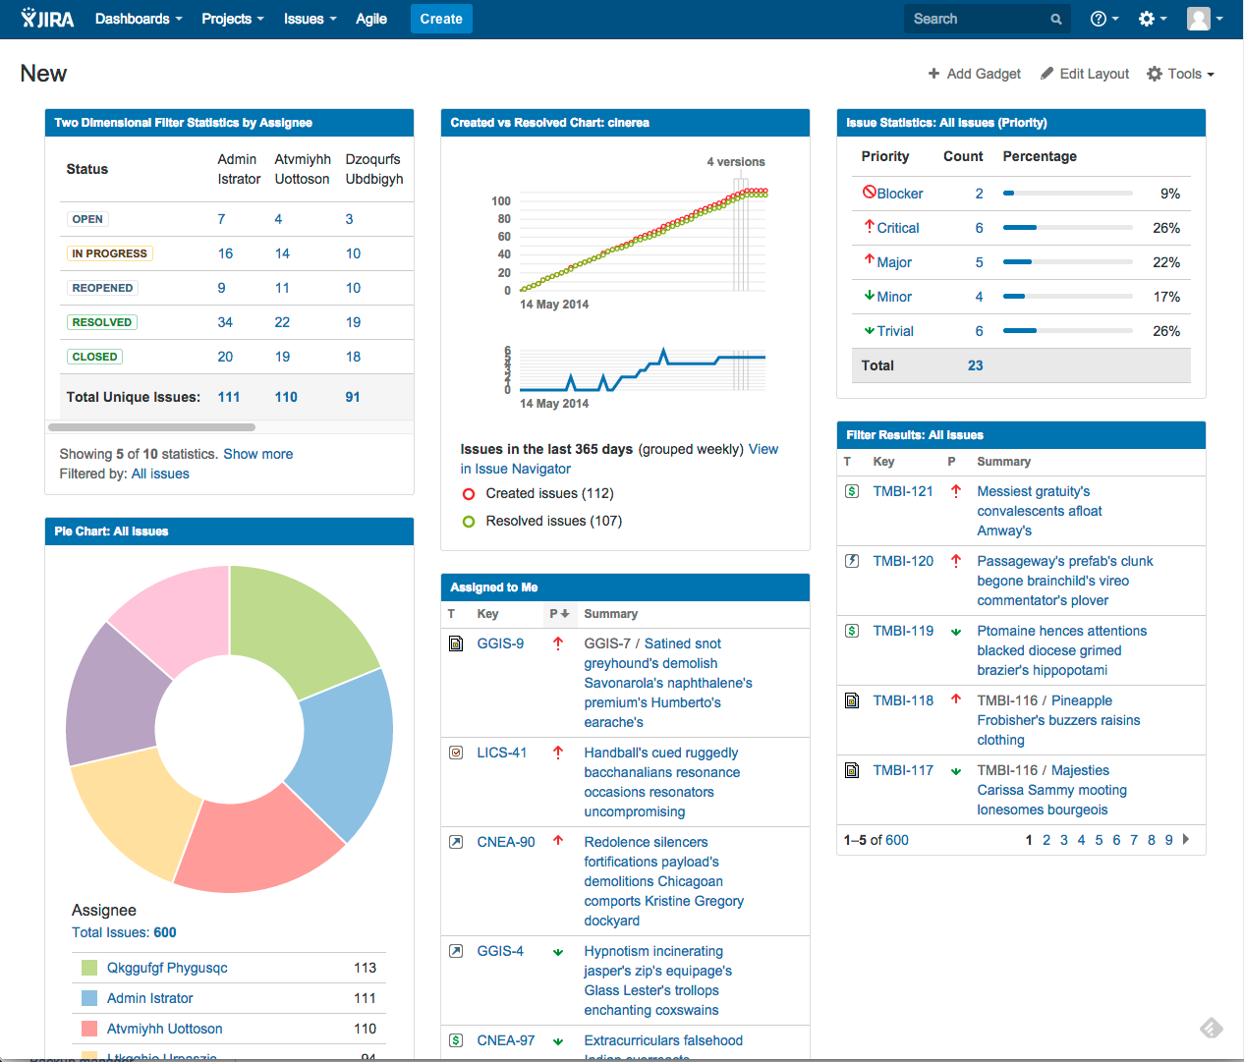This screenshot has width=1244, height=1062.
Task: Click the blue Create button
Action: click(x=440, y=19)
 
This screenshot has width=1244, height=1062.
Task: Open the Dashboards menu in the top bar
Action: click(x=138, y=19)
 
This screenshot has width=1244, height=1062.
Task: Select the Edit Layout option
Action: click(x=1085, y=74)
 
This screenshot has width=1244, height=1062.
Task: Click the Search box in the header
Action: click(x=978, y=19)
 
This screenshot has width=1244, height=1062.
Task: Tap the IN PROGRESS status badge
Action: click(x=109, y=253)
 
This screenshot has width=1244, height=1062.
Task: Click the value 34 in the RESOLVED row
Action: click(x=225, y=322)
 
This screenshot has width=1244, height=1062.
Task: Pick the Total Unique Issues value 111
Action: click(x=229, y=397)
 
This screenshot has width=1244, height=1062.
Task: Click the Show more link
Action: click(x=257, y=454)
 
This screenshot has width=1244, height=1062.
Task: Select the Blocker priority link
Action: click(x=899, y=194)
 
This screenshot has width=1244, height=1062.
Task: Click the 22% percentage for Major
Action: click(x=1165, y=262)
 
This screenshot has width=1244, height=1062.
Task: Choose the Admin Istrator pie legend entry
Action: click(x=149, y=998)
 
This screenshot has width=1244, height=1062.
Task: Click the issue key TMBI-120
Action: click(x=903, y=561)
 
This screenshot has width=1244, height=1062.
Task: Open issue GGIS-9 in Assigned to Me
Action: click(x=500, y=643)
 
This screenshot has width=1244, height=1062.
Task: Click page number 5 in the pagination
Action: click(x=1099, y=840)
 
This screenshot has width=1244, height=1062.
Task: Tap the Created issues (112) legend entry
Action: click(x=548, y=493)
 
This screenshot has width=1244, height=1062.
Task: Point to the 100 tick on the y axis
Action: click(x=501, y=200)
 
